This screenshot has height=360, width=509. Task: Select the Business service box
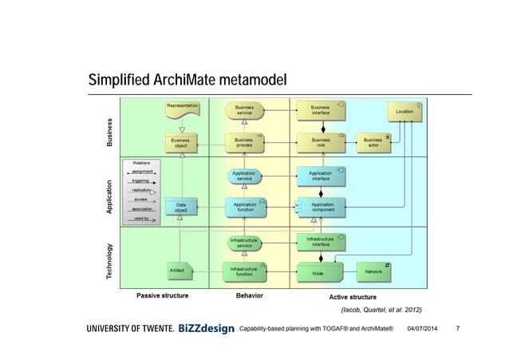click(x=244, y=110)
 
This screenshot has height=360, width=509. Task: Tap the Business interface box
click(x=320, y=110)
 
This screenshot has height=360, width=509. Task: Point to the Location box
click(x=404, y=112)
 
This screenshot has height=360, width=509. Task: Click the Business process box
click(x=244, y=142)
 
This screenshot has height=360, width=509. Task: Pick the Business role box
click(x=320, y=142)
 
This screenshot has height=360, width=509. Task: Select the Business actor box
click(x=373, y=142)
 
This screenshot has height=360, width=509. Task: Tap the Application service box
click(x=244, y=176)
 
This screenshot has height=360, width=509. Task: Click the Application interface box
click(x=320, y=176)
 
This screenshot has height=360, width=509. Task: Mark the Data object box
click(x=182, y=208)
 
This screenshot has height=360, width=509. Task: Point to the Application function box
click(x=244, y=208)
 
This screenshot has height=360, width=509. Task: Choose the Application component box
click(x=322, y=208)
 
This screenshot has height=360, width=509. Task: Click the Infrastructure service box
click(x=244, y=242)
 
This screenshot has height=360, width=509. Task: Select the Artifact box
click(x=177, y=271)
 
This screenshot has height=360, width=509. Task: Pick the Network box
click(x=373, y=271)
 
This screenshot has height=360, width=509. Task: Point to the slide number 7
click(x=456, y=329)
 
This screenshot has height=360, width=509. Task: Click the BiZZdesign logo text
click(x=207, y=329)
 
